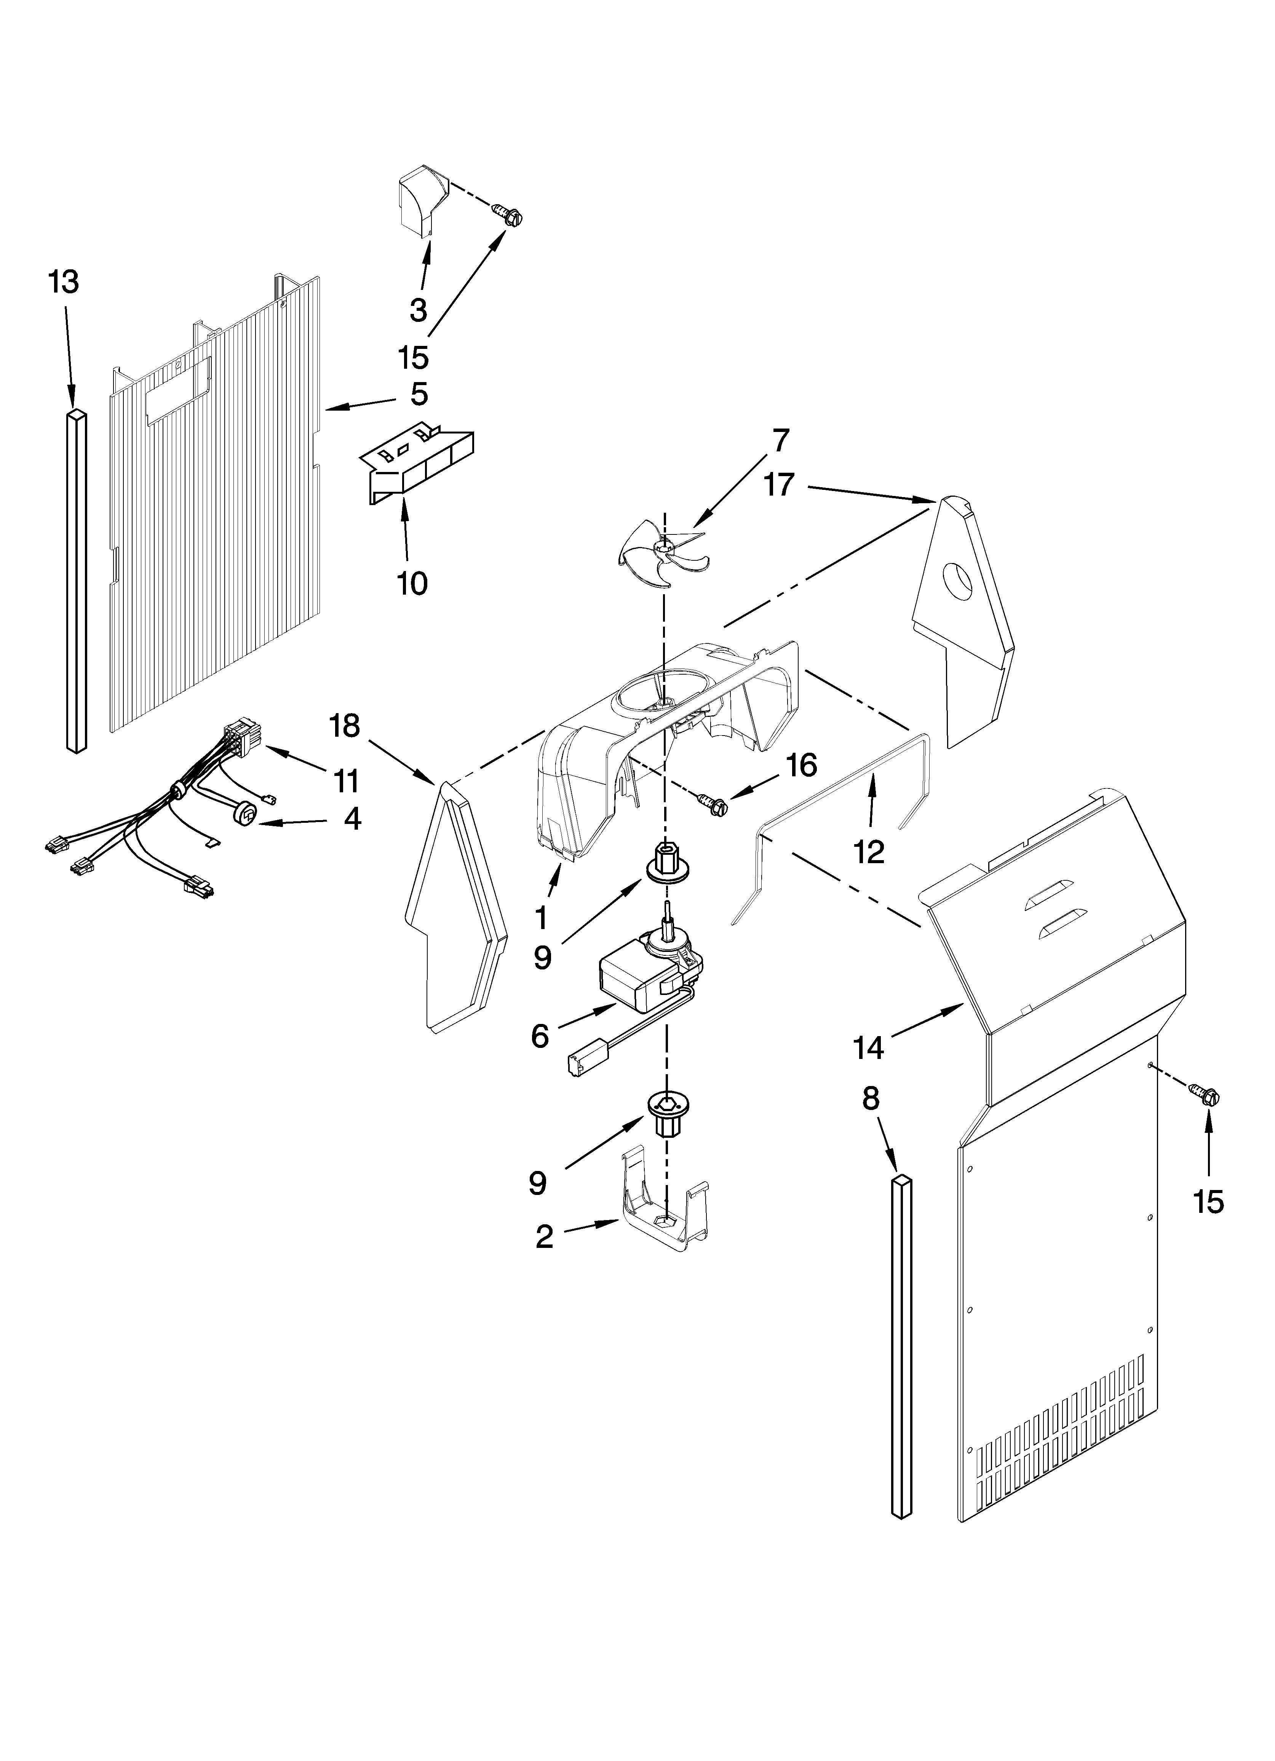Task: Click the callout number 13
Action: pyautogui.click(x=64, y=283)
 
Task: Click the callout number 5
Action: pyautogui.click(x=419, y=394)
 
